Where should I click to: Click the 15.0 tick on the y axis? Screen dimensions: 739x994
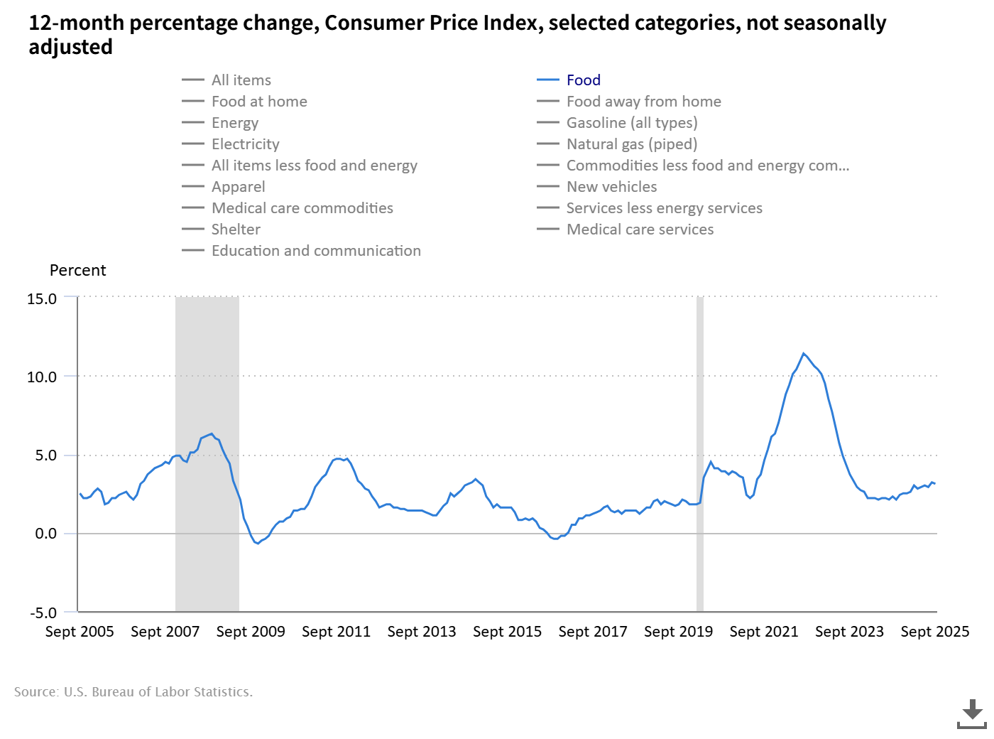pyautogui.click(x=42, y=299)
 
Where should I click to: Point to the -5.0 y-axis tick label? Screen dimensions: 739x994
pyautogui.click(x=43, y=613)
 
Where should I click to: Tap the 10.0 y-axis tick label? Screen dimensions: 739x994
pyautogui.click(x=42, y=377)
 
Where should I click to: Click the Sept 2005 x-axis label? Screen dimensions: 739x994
pyautogui.click(x=80, y=632)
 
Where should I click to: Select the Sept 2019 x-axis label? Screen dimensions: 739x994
pyautogui.click(x=678, y=632)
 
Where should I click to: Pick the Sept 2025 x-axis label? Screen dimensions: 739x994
pyautogui.click(x=934, y=632)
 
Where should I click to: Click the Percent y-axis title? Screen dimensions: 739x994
pyautogui.click(x=77, y=271)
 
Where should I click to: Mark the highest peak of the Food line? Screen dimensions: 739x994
pyautogui.click(x=804, y=353)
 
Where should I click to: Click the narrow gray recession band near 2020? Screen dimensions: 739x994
pyautogui.click(x=700, y=455)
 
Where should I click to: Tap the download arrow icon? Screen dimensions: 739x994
pyautogui.click(x=972, y=713)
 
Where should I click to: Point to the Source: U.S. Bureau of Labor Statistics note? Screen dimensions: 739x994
pyautogui.click(x=133, y=692)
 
